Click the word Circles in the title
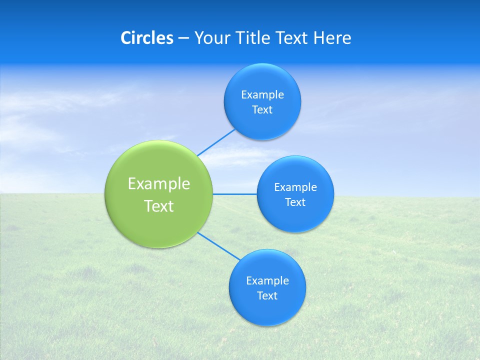click(146, 38)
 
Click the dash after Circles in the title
click(183, 38)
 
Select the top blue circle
click(262, 80)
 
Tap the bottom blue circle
click(267, 310)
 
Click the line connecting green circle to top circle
click(216, 142)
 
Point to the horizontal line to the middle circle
click(235, 194)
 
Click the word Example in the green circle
click(159, 184)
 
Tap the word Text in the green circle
click(159, 206)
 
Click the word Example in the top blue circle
click(262, 95)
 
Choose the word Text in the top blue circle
click(262, 110)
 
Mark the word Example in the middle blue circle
click(295, 187)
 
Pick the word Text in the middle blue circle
click(295, 202)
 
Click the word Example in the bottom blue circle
click(267, 281)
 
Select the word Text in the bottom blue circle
click(267, 296)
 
